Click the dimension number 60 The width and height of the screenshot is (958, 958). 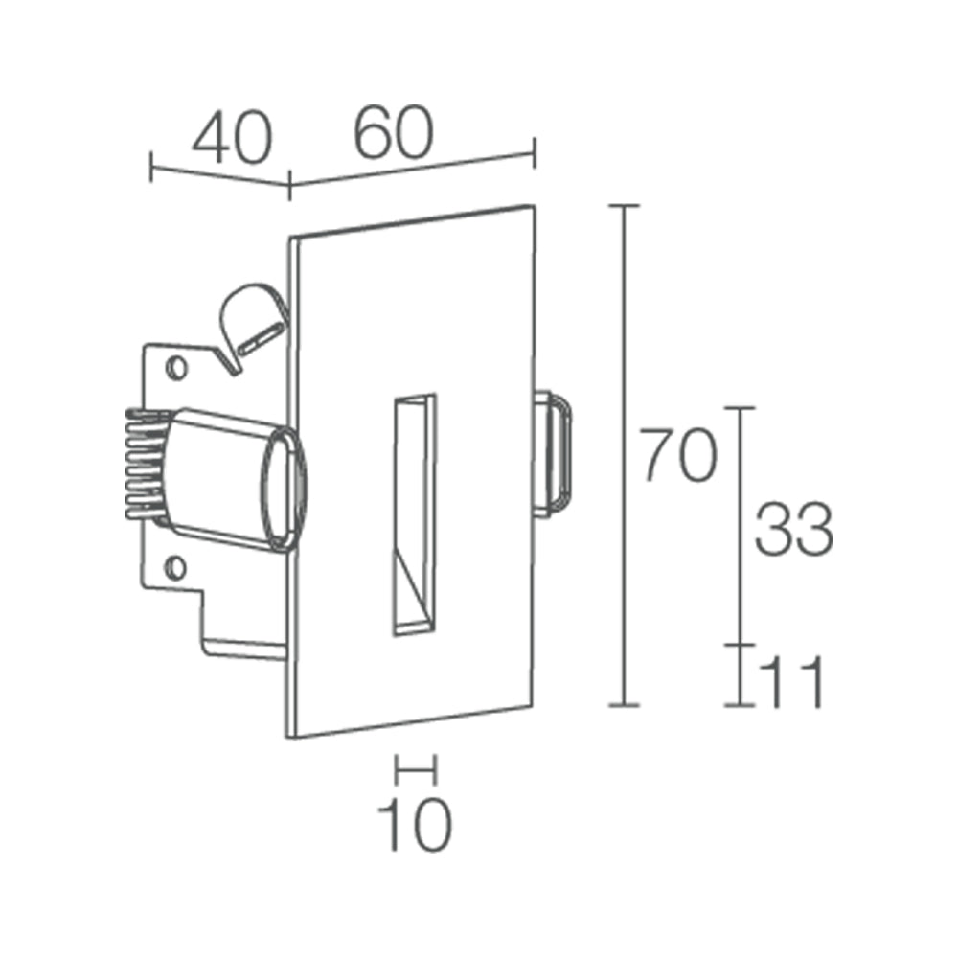point(394,133)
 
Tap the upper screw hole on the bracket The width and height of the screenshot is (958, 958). point(174,366)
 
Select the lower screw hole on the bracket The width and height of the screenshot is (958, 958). point(174,568)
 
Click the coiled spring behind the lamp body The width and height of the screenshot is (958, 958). point(142,467)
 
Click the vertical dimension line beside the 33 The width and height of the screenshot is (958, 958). point(740,525)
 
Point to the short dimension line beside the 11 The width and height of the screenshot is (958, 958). point(740,674)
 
